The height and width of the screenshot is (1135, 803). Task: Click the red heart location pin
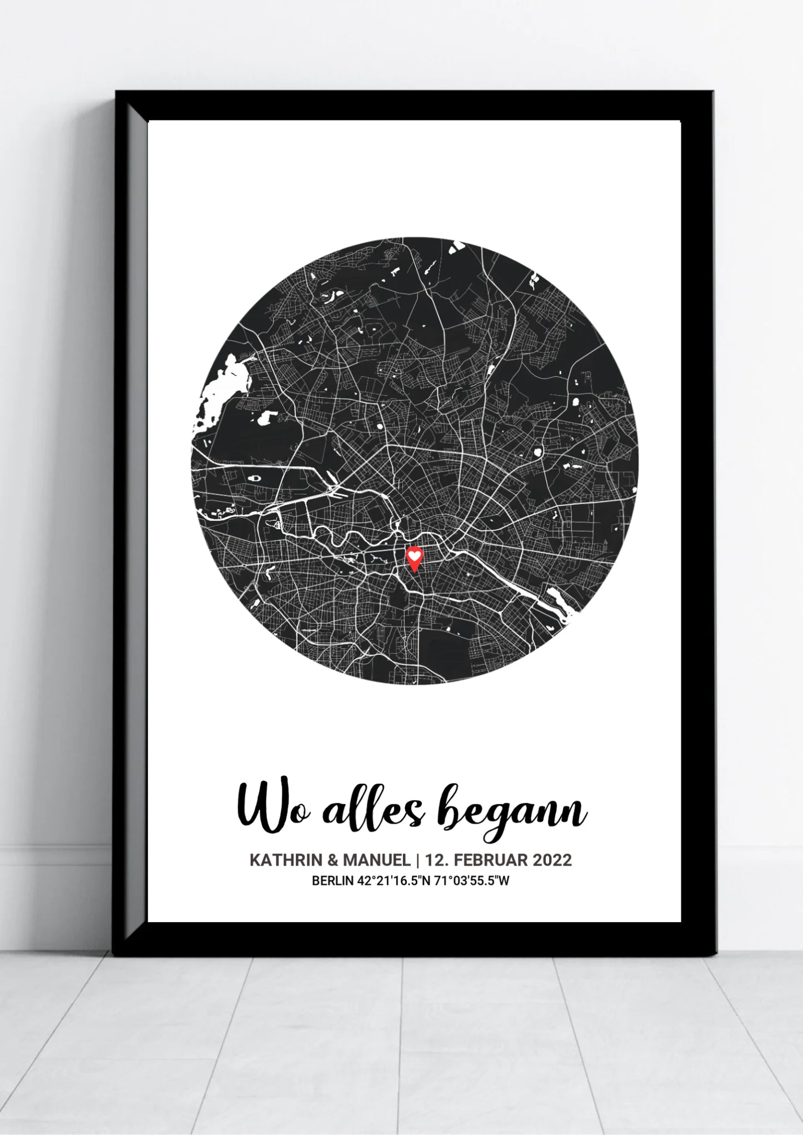tap(414, 558)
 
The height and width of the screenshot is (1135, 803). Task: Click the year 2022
tap(552, 860)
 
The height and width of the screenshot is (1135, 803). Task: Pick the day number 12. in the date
tap(437, 860)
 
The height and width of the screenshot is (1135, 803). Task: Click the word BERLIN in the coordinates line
tap(331, 880)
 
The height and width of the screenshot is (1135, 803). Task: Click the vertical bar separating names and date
tap(417, 860)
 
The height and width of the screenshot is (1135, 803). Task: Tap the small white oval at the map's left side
tap(255, 476)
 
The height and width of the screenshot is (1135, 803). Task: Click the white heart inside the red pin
tap(414, 554)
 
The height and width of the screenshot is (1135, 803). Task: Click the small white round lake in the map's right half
tap(537, 452)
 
